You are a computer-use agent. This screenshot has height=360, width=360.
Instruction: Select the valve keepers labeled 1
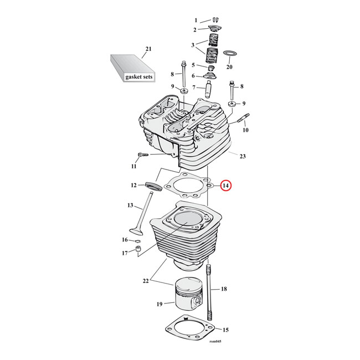213,21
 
